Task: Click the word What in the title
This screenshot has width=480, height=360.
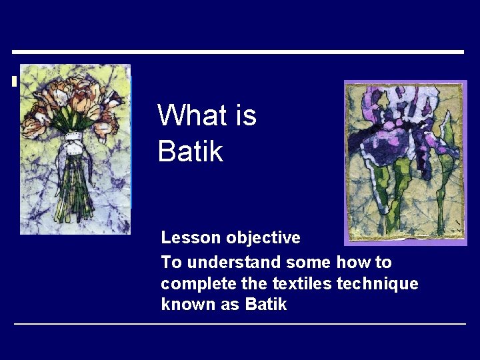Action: click(x=191, y=115)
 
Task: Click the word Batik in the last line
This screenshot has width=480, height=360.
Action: click(x=266, y=305)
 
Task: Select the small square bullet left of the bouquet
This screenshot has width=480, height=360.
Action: click(x=15, y=82)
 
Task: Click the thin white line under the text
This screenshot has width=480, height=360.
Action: click(x=240, y=324)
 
